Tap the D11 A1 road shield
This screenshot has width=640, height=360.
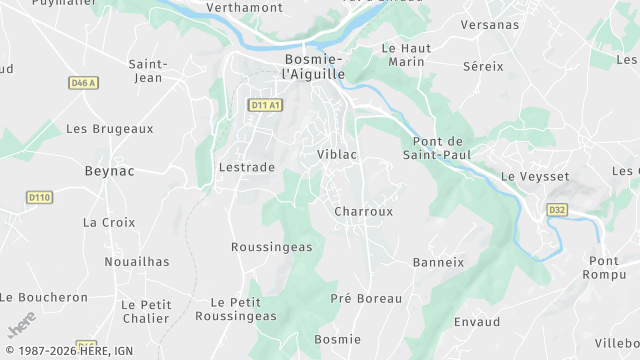pyautogui.click(x=265, y=104)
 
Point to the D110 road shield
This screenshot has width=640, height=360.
pyautogui.click(x=40, y=197)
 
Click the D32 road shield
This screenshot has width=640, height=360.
pyautogui.click(x=557, y=210)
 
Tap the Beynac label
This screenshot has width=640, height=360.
pyautogui.click(x=108, y=172)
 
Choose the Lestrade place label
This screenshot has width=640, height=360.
pyautogui.click(x=246, y=167)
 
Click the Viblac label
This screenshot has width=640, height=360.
pyautogui.click(x=337, y=155)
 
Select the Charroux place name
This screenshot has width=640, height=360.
pyautogui.click(x=363, y=212)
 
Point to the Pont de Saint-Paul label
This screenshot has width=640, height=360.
pyautogui.click(x=436, y=148)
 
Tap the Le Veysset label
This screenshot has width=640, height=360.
pyautogui.click(x=534, y=177)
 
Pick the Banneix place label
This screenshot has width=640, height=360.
pyautogui.click(x=438, y=262)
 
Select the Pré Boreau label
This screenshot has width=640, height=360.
pyautogui.click(x=366, y=298)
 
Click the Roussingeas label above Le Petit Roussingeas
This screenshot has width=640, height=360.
pyautogui.click(x=271, y=246)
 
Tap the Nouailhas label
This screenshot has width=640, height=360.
pyautogui.click(x=137, y=262)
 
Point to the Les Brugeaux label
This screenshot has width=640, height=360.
pyautogui.click(x=109, y=129)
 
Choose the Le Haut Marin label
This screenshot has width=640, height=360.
pyautogui.click(x=404, y=55)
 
